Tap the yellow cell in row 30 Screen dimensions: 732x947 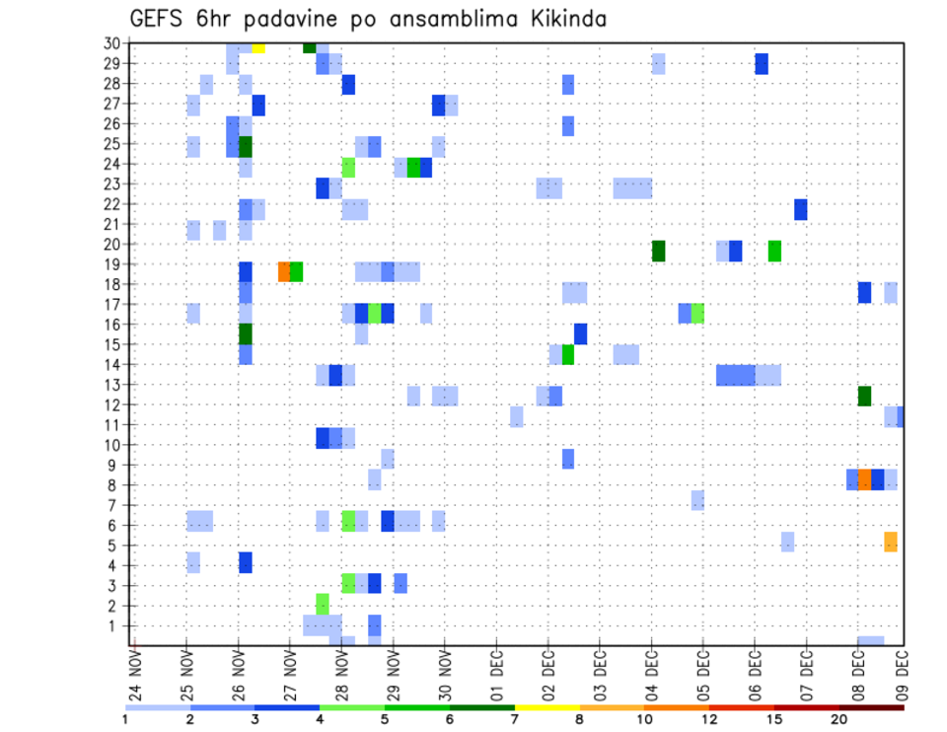click(x=258, y=46)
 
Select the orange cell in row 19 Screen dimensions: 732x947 click(x=284, y=271)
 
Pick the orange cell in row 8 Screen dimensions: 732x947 click(x=864, y=479)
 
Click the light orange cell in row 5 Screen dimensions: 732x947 click(x=891, y=542)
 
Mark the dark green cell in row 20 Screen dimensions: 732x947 click(x=658, y=251)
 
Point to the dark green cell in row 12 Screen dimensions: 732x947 click(x=864, y=396)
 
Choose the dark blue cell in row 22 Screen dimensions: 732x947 click(x=800, y=209)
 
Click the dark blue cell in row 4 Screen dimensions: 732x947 click(x=246, y=562)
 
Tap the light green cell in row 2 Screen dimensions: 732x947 click(x=323, y=603)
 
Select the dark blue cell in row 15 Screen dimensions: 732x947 click(x=580, y=333)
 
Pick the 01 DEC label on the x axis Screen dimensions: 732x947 click(x=496, y=677)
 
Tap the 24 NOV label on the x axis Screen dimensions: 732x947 click(x=134, y=677)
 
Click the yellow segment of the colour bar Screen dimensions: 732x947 click(x=547, y=707)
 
